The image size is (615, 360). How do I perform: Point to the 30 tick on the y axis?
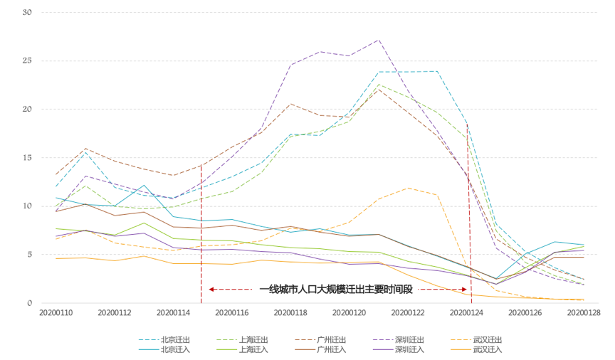(27, 12)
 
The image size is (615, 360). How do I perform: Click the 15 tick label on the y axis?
(27, 158)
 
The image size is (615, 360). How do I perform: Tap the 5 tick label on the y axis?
(29, 255)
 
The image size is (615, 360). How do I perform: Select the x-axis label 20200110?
(56, 313)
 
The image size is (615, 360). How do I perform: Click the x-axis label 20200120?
(349, 313)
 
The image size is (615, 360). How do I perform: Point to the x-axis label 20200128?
(584, 313)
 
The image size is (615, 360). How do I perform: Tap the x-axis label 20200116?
(231, 313)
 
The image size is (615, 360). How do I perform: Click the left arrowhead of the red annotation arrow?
(211, 290)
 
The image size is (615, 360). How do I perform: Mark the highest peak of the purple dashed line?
(378, 40)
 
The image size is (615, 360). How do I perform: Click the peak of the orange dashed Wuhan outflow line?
(408, 188)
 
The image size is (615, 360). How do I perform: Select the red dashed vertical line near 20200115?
(201, 228)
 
